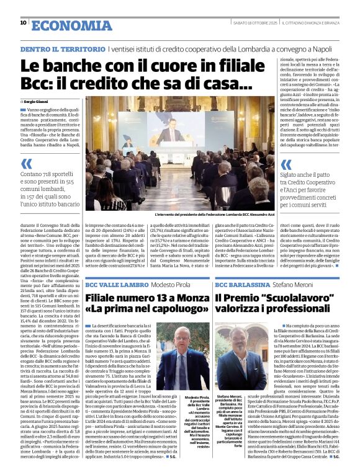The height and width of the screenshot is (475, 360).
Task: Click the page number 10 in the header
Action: tap(24, 23)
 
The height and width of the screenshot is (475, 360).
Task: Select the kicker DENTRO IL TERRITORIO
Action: tap(62, 48)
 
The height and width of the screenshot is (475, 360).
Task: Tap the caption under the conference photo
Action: tap(206, 214)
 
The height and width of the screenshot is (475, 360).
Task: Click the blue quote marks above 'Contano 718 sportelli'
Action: tap(26, 164)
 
